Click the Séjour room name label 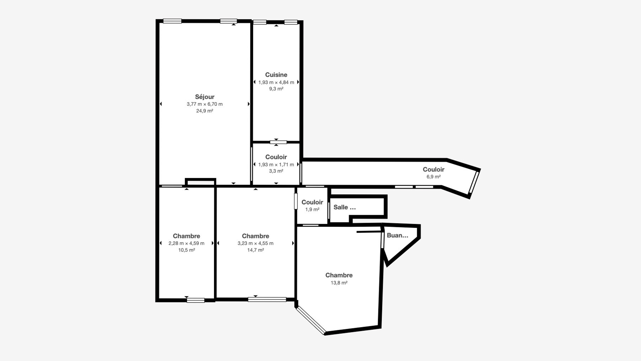point(205,97)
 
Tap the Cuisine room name point(276,75)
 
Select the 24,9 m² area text point(205,111)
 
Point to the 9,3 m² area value point(276,89)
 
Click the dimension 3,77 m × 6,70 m point(205,104)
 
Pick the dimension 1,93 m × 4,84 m point(276,82)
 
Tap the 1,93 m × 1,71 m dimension point(276,164)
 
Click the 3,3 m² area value point(276,171)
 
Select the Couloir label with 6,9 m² point(433,169)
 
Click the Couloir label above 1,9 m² point(312,202)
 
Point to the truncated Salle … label point(345,207)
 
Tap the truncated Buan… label point(397,235)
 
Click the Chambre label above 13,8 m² point(339,275)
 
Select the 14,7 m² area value point(255,250)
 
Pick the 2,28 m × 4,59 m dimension point(186,243)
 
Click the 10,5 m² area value point(187,250)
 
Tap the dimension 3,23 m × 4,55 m point(255,243)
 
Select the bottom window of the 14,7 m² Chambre point(267,299)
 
